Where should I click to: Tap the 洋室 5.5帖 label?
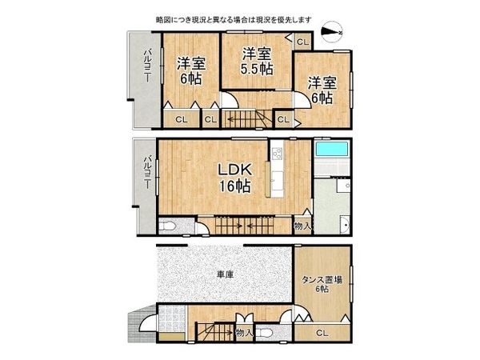pos(256,61)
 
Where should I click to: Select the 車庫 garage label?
pos(225,274)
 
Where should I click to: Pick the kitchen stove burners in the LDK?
pos(277,152)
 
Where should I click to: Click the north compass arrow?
pos(330,32)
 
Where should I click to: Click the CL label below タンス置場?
pos(321,333)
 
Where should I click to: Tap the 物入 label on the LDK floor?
pos(302,226)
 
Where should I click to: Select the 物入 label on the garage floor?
pos(244,332)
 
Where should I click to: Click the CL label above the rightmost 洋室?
pos(302,42)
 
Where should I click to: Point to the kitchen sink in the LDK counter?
pos(277,178)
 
